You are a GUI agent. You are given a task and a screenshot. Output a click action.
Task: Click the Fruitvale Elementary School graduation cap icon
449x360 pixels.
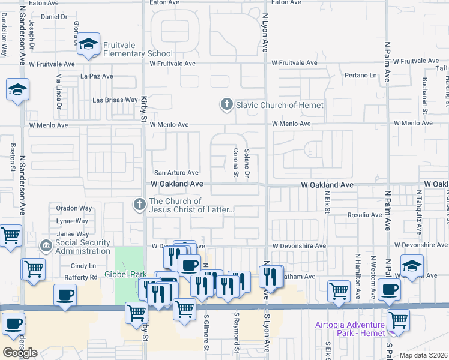(x=89, y=44)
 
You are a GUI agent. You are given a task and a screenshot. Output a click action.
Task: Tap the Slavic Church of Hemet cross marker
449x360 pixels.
(x=227, y=105)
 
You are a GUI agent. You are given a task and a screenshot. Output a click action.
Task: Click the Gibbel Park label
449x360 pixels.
(x=126, y=274)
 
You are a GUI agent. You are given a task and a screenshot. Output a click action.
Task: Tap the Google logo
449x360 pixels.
(x=20, y=353)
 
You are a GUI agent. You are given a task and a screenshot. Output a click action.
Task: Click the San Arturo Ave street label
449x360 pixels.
(x=176, y=173)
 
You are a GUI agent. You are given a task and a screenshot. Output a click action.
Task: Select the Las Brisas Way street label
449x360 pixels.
(x=116, y=100)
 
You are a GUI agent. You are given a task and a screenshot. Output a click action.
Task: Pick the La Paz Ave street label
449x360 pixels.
(x=97, y=76)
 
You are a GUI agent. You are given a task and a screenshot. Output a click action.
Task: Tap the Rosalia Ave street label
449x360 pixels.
(x=364, y=215)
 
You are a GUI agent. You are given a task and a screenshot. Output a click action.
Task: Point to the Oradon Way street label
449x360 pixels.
(x=74, y=208)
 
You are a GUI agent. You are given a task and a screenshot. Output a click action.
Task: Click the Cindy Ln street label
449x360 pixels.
(x=83, y=265)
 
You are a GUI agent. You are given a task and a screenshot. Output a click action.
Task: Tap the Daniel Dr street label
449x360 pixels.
(x=54, y=16)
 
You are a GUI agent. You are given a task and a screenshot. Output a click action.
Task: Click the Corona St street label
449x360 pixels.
(x=235, y=163)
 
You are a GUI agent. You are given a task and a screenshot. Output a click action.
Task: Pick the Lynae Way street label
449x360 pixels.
(x=72, y=221)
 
